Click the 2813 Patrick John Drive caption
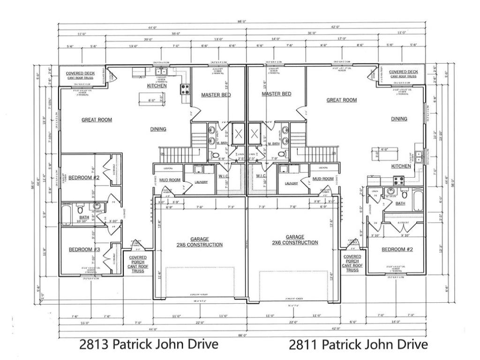tap(149, 345)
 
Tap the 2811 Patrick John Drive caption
tap(358, 345)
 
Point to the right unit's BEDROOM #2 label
tap(397, 249)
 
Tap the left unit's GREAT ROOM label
tap(97, 120)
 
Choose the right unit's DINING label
tap(399, 119)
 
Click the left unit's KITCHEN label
tap(157, 86)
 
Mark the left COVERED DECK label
tap(80, 74)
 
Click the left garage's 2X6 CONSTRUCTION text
tap(200, 245)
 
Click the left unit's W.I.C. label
tap(223, 176)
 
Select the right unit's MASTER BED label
tap(276, 94)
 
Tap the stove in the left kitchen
tap(185, 89)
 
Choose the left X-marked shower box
tap(238, 134)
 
